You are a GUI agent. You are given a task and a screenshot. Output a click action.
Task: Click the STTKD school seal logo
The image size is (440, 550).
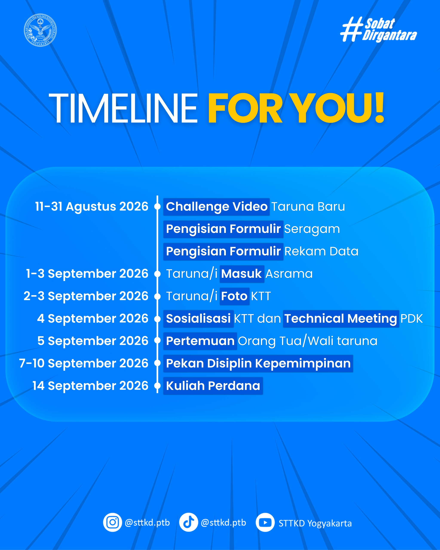click(x=40, y=30)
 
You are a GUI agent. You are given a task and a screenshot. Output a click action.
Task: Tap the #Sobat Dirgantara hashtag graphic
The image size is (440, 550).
click(x=378, y=30)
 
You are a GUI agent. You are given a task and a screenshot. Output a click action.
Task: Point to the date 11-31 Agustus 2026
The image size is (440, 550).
click(x=92, y=206)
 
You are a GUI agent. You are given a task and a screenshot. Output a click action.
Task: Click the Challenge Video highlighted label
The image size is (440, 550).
click(x=216, y=207)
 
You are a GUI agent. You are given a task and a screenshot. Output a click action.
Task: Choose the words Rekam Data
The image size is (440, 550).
click(x=321, y=251)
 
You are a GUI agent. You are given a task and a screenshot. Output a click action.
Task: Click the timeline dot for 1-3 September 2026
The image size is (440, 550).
click(x=158, y=274)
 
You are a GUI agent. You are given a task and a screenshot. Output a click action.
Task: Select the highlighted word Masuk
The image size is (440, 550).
click(x=242, y=274)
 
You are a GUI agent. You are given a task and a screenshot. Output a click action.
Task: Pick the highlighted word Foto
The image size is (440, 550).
click(x=234, y=296)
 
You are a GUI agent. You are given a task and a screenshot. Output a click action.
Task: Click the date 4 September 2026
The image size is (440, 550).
click(x=93, y=318)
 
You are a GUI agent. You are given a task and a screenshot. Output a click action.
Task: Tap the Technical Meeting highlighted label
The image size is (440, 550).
click(x=341, y=319)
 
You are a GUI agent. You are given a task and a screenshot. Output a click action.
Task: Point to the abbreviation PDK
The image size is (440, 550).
click(x=412, y=319)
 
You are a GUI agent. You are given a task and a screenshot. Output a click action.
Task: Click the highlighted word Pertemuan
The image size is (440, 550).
click(x=200, y=341)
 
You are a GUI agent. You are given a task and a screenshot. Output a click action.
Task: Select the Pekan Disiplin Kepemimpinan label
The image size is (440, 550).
click(x=258, y=364)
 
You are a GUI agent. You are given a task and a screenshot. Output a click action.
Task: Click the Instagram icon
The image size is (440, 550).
click(x=113, y=522)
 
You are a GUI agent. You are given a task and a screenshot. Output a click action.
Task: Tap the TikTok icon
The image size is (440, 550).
click(x=189, y=522)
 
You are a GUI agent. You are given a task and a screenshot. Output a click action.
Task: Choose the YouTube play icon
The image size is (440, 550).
click(x=265, y=522)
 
